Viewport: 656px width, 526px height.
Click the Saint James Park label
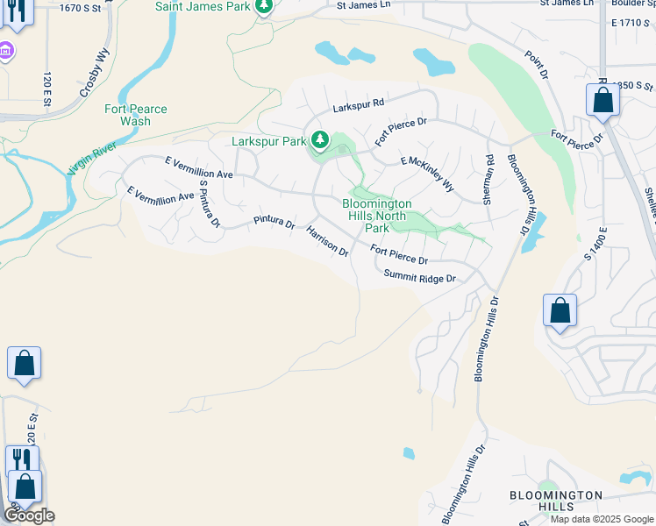(202, 6)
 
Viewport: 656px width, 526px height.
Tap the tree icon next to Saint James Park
(264, 7)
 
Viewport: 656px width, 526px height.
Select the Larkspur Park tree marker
(321, 140)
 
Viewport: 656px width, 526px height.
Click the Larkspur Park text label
(268, 140)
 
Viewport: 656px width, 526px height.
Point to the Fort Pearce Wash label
(136, 115)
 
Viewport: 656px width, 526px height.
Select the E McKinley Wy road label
(428, 174)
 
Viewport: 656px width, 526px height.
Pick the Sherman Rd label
(490, 179)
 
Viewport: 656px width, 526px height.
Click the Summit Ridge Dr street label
(420, 278)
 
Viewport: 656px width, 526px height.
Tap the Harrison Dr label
(327, 240)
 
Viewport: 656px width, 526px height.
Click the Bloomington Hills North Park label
(376, 216)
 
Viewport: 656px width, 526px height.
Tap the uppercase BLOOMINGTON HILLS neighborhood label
(556, 501)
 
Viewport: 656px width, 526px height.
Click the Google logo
(29, 515)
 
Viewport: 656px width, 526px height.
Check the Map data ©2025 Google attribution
(601, 519)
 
